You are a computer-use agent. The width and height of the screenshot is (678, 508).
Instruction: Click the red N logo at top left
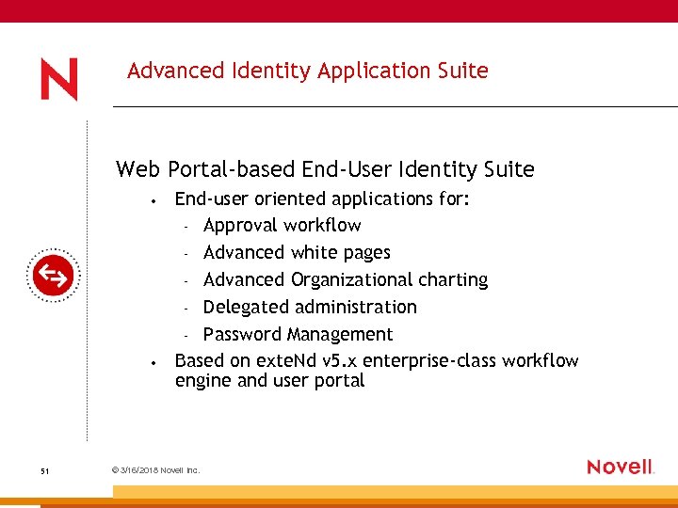click(58, 80)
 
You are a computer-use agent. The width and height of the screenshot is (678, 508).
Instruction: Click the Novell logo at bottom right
click(620, 467)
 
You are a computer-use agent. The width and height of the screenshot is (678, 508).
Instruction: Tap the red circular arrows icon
click(53, 276)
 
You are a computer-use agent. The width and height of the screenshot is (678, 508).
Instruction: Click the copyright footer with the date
click(155, 470)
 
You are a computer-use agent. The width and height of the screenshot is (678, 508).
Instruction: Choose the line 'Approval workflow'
click(282, 226)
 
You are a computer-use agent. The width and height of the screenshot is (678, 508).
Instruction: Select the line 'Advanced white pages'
click(296, 253)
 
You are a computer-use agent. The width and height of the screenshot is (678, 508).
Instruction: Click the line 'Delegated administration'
click(309, 308)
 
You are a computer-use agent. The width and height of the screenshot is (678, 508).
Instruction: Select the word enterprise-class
click(429, 361)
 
